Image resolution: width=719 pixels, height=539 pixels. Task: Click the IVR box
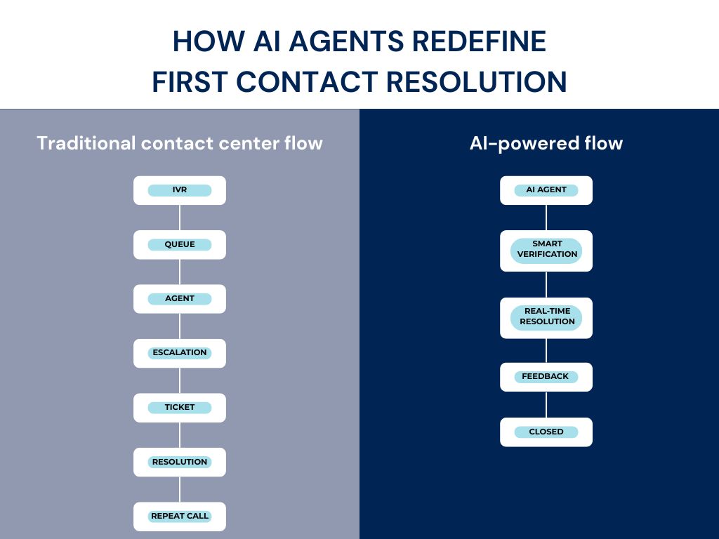(180, 190)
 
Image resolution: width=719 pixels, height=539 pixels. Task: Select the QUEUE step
(180, 244)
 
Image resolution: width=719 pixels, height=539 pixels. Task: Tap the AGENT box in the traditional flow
(180, 298)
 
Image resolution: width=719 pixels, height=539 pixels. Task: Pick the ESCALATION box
(180, 353)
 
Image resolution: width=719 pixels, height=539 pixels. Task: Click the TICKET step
(180, 407)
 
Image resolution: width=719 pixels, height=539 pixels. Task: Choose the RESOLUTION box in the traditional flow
(180, 462)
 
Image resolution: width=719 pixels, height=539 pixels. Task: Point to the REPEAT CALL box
(180, 516)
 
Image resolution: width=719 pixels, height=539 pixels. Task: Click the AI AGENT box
(546, 190)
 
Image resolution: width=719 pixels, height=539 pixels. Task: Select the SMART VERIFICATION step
(546, 250)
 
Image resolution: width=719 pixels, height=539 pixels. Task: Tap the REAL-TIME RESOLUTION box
(546, 317)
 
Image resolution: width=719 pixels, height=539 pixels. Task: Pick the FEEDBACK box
(546, 377)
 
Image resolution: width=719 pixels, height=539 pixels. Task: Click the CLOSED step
(546, 432)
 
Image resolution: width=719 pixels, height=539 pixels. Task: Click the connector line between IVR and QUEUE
(180, 218)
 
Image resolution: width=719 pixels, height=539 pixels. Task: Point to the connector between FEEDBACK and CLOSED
(546, 405)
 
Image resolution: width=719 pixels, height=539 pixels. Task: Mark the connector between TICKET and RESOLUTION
(180, 435)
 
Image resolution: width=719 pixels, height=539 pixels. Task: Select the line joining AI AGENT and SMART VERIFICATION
(546, 218)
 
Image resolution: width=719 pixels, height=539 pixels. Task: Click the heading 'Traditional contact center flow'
(180, 143)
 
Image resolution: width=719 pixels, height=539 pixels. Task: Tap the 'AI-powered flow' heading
(546, 143)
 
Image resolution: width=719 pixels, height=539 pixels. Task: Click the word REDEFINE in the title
(479, 41)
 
